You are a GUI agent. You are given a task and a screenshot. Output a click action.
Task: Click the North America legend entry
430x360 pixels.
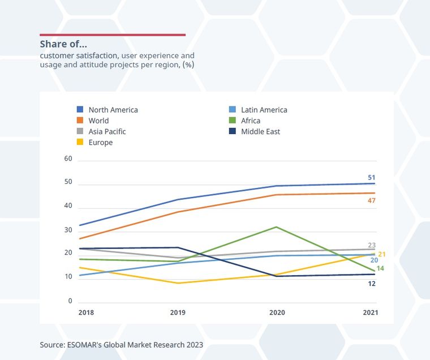click(107, 110)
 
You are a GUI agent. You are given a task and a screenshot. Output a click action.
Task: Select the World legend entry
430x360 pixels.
click(93, 121)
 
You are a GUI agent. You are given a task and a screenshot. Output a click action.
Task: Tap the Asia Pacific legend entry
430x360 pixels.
click(102, 131)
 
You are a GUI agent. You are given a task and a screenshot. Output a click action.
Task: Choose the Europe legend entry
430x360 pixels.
click(95, 143)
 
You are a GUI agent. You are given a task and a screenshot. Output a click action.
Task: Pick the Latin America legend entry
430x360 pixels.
click(259, 110)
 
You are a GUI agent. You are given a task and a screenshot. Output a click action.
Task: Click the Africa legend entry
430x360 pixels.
click(245, 121)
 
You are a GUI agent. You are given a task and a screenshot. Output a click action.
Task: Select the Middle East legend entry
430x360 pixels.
click(255, 131)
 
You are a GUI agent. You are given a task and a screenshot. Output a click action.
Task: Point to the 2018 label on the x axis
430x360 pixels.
click(86, 312)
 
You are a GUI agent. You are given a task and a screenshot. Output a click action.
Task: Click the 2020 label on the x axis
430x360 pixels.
click(277, 312)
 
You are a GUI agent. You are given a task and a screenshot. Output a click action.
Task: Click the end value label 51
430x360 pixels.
click(372, 177)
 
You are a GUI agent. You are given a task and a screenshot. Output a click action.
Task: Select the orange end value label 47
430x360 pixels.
click(372, 201)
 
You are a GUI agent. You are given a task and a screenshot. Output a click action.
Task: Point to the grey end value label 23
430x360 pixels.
click(372, 245)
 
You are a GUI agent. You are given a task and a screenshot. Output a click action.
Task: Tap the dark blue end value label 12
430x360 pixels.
click(372, 283)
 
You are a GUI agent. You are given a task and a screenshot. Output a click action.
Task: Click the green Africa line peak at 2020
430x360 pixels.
click(276, 227)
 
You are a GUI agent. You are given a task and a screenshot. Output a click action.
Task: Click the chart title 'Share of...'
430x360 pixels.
click(63, 44)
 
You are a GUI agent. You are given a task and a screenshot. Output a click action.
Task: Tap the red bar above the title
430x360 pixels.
click(113, 35)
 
